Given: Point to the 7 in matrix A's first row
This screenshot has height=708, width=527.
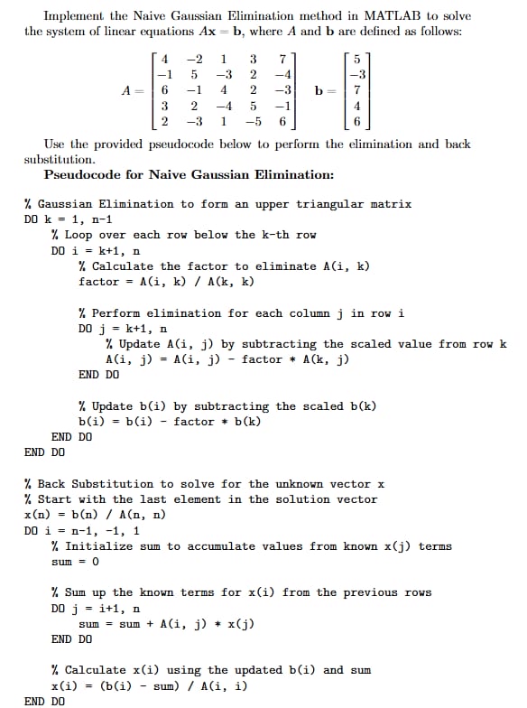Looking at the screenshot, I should point(282,60).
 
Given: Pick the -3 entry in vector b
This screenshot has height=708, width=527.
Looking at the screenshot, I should point(357,75).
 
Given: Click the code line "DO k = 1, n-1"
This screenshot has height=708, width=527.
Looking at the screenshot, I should point(69,219).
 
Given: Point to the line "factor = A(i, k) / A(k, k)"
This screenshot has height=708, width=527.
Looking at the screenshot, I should point(166,282).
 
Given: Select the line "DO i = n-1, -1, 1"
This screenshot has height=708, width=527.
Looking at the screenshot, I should point(82,530).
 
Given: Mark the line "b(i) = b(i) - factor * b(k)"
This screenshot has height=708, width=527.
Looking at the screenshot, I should point(170,422).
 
